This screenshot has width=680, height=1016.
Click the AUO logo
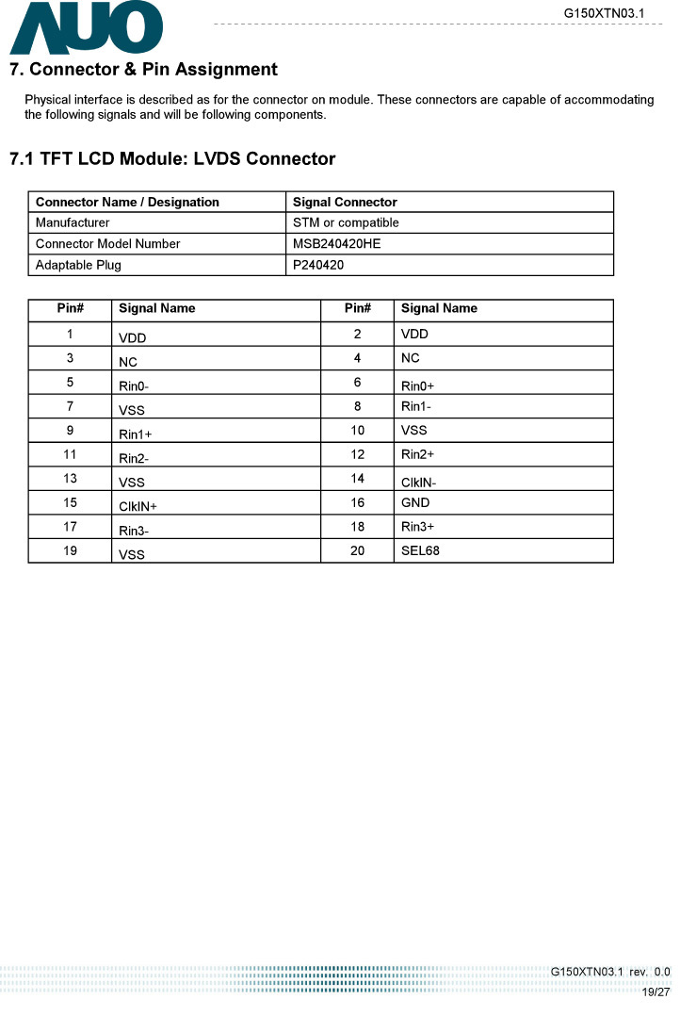tap(86, 28)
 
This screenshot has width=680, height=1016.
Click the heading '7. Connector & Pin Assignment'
tap(143, 70)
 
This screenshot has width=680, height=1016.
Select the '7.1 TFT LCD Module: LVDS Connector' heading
tap(172, 158)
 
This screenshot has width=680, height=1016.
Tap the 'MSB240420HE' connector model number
tap(336, 244)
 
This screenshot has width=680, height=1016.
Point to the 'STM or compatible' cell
tap(346, 223)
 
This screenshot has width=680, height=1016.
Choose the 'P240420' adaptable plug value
tap(318, 265)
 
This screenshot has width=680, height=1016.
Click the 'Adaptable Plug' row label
tap(78, 265)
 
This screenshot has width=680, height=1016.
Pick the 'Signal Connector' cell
tap(345, 203)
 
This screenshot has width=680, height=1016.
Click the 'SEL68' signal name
tap(420, 550)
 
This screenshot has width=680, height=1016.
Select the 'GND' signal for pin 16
tap(415, 502)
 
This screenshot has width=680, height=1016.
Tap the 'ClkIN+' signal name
tap(138, 507)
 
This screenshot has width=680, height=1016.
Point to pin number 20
tap(358, 550)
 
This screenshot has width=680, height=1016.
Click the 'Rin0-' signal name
tap(134, 386)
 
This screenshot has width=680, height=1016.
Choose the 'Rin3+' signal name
tap(417, 527)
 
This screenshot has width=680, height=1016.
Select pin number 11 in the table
tap(71, 454)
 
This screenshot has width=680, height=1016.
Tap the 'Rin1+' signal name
tap(136, 434)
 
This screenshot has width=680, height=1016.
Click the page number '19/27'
tap(656, 992)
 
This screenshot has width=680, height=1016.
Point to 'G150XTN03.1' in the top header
tap(604, 12)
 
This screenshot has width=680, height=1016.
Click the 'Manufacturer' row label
tap(73, 223)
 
